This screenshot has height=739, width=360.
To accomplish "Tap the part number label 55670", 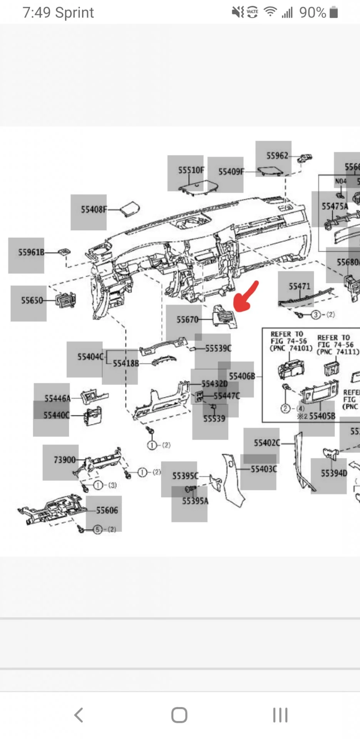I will pos(188,319).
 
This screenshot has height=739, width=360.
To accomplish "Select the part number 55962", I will pos(277,155).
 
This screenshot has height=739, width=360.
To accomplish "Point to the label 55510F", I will pos(191,170).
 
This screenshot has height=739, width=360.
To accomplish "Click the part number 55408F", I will pos(94,209).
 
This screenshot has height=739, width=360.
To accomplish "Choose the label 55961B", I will pos(31,252).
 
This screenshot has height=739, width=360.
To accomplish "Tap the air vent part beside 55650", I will pos(65,300).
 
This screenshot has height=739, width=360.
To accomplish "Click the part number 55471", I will pos(299,286).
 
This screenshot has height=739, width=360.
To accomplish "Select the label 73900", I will pos(64,460).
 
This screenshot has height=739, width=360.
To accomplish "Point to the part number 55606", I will pos(107,510).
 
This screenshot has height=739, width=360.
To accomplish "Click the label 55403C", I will pos(264,469).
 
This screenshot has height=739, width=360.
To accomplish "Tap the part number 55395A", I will pos(195,501).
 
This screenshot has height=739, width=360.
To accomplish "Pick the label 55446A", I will pos(57,398).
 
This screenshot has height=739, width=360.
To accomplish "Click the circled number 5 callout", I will pos(98,530).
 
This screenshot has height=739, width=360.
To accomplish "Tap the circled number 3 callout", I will pos(316,315).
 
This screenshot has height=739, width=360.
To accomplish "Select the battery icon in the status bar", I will pos(334,13).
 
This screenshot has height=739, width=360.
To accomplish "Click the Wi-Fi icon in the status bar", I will pos(270,12).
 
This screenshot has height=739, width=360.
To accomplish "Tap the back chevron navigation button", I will pos(79,715).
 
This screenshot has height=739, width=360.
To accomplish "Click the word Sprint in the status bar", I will pos(74,13).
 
